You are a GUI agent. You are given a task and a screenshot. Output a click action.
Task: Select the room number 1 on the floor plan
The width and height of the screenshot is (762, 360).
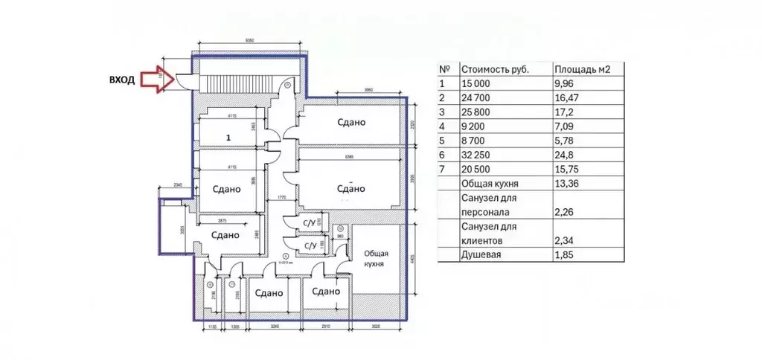tap(228, 138)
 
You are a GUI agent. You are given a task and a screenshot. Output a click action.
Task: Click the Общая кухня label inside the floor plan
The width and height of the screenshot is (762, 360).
tap(376, 260)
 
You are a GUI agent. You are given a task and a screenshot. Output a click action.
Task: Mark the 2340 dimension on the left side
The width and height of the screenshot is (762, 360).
tap(177, 185)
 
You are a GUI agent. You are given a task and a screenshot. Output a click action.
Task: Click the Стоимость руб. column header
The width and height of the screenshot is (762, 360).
tap(495, 69)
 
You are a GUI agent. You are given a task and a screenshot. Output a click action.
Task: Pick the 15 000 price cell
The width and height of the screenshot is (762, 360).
tap(477, 84)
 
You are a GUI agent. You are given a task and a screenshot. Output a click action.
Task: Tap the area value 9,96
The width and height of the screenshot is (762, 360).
tap(567, 84)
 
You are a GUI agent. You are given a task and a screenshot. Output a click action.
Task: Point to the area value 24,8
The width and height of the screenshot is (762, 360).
tap(565, 155)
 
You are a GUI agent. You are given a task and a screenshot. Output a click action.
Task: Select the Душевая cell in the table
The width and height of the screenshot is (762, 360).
tap(482, 255)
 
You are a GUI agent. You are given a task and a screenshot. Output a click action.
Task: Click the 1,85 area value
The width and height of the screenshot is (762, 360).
tap(566, 255)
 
